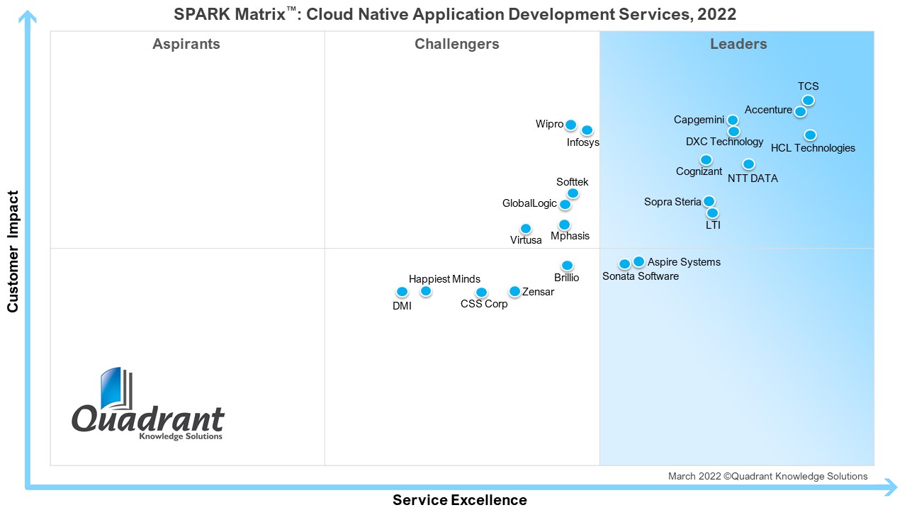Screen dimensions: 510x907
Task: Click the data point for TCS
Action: (x=808, y=101)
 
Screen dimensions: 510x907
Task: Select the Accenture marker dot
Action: (x=800, y=111)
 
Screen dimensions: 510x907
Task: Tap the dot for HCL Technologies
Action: (x=810, y=135)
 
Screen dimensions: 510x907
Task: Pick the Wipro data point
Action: (x=570, y=125)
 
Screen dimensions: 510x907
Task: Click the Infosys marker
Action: (x=587, y=130)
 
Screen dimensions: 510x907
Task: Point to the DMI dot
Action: (x=402, y=291)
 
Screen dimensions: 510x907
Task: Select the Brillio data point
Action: (x=567, y=266)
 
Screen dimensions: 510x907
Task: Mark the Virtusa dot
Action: (x=526, y=228)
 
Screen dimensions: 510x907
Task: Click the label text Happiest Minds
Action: (x=444, y=279)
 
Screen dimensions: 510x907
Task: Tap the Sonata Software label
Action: (x=641, y=276)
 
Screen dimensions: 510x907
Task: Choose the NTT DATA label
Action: (x=753, y=178)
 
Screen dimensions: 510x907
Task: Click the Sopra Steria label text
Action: (x=672, y=202)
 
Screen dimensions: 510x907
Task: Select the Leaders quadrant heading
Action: (x=738, y=45)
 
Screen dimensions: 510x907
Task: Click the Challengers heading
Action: (x=457, y=45)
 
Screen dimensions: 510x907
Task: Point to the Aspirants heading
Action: (x=186, y=45)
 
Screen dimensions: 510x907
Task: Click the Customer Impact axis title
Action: (x=13, y=251)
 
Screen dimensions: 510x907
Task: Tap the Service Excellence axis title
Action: (x=460, y=500)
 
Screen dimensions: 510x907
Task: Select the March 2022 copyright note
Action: (x=767, y=477)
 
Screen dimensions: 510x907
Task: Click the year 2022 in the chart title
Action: (x=716, y=14)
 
